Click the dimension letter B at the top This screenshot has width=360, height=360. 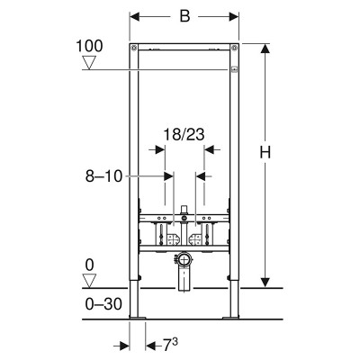pyautogui.click(x=184, y=16)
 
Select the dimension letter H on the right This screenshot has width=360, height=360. pyautogui.click(x=265, y=152)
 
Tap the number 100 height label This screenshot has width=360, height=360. pyautogui.click(x=89, y=46)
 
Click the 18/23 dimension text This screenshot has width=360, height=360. pyautogui.click(x=184, y=134)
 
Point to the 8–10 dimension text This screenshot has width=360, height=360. pyautogui.click(x=103, y=176)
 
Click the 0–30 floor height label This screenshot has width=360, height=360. pyautogui.click(x=103, y=304)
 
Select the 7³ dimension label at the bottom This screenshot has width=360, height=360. pyautogui.click(x=170, y=345)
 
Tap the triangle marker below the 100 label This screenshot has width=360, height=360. pyautogui.click(x=89, y=63)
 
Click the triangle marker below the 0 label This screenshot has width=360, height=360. pyautogui.click(x=89, y=281)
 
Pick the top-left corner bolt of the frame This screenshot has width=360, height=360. pyautogui.click(x=134, y=47)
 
